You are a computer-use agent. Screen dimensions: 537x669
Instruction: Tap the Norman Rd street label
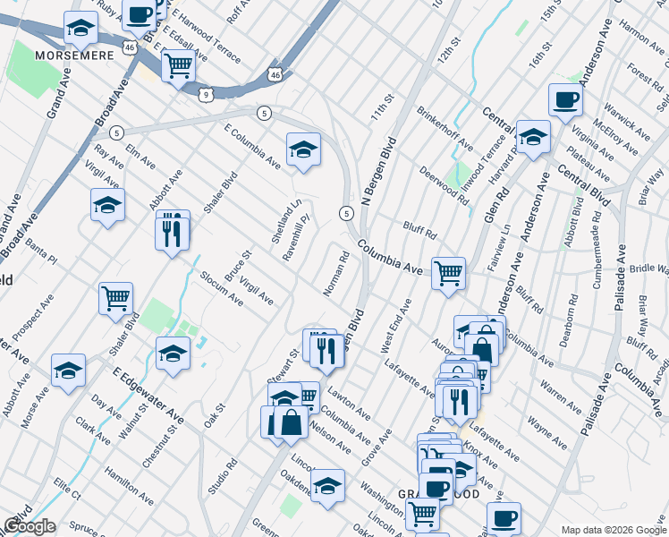click(x=336, y=274)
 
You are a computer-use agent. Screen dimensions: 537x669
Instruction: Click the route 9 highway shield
click(x=207, y=93)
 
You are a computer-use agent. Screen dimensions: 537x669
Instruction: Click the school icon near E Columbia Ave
click(x=303, y=149)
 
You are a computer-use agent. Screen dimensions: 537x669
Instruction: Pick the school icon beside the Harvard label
click(x=533, y=136)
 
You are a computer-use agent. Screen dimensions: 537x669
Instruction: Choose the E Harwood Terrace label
click(x=206, y=37)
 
